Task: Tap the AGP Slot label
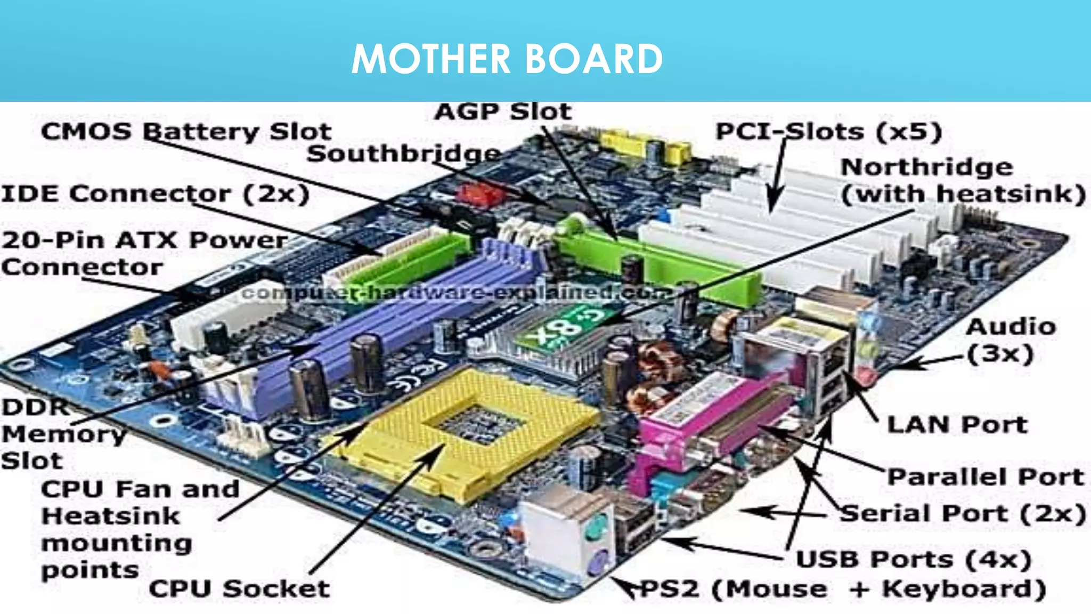pos(503,112)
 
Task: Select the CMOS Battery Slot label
pos(186,132)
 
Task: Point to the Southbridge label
pos(404,154)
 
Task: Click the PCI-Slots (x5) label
pos(828,132)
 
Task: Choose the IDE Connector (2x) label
pos(155,193)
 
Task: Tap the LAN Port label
pos(957,425)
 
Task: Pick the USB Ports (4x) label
pos(913,559)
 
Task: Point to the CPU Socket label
pos(239,588)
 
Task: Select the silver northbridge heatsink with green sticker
pos(554,341)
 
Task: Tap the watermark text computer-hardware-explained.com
pos(458,293)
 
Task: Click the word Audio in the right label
pos(1011,327)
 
